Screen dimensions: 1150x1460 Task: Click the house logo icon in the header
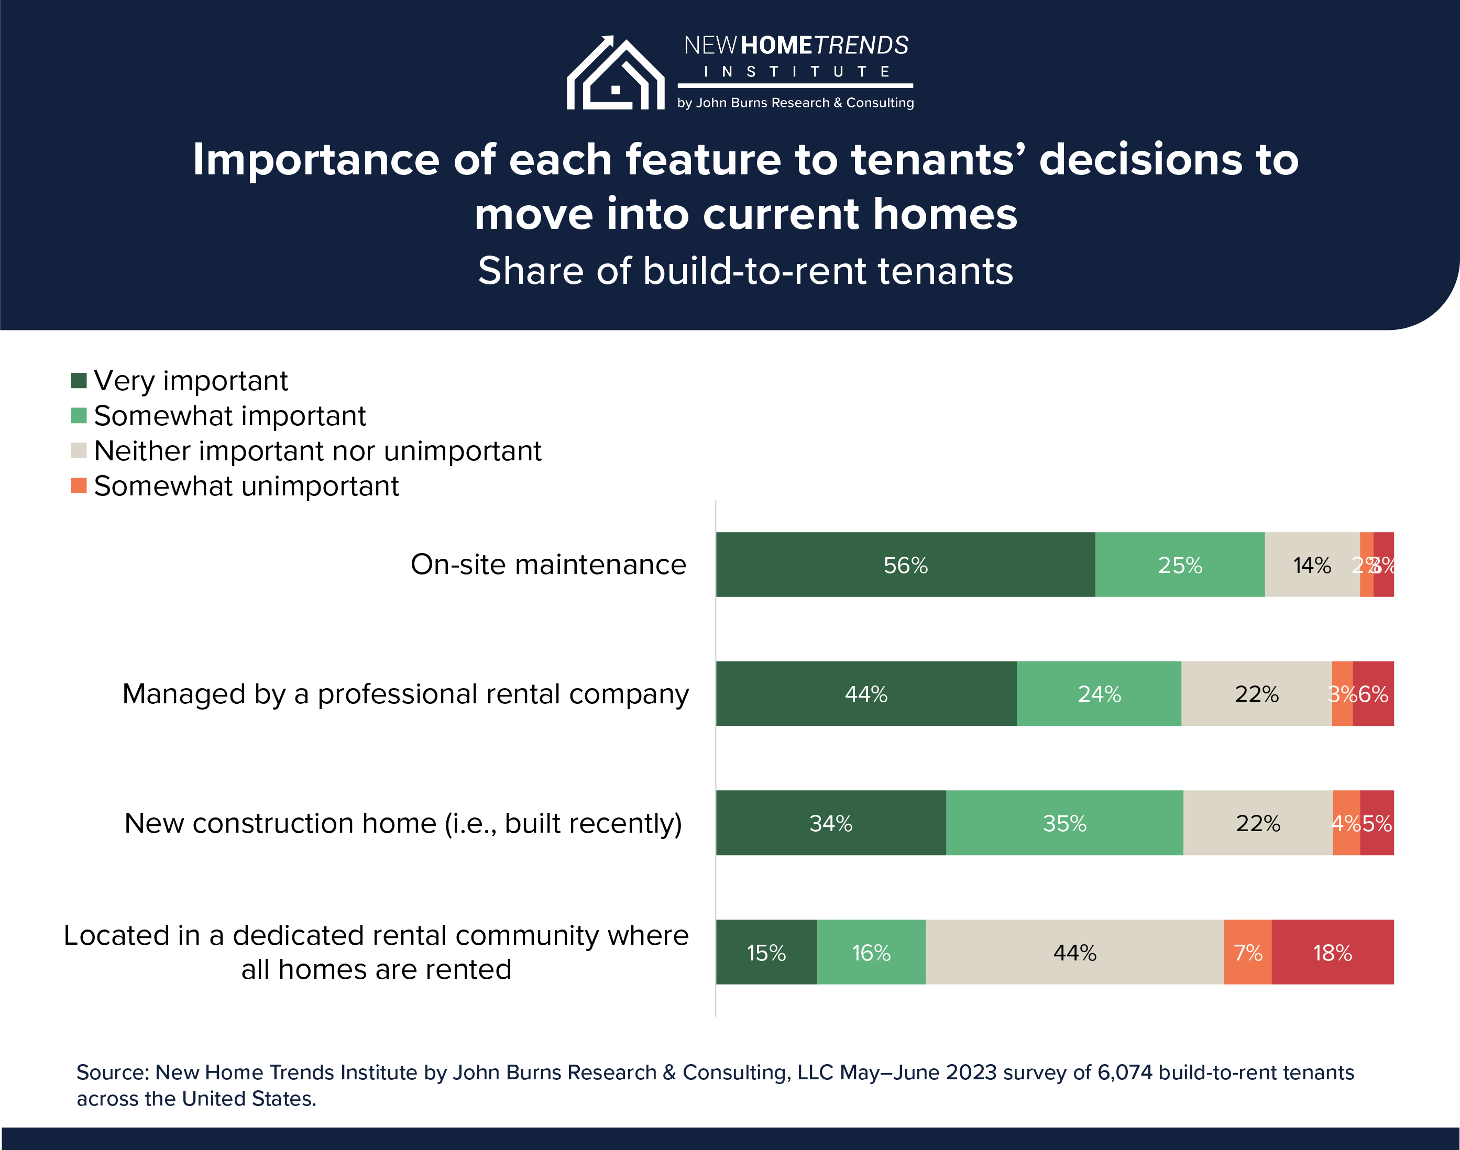click(615, 73)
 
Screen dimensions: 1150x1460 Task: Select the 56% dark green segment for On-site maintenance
click(905, 564)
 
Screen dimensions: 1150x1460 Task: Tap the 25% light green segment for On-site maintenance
click(1180, 564)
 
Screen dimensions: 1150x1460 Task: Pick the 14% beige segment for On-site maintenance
click(1311, 564)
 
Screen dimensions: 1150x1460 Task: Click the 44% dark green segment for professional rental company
click(866, 693)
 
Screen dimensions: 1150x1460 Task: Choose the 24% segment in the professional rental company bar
click(1099, 693)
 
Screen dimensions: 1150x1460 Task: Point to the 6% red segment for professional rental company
click(1374, 693)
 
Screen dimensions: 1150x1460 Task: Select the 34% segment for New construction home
click(830, 823)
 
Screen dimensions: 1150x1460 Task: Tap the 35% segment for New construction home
click(1064, 823)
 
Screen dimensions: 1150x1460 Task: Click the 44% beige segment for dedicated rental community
click(1075, 952)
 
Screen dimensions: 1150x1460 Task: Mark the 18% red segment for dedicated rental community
click(1333, 952)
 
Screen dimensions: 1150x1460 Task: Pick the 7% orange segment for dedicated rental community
click(1248, 952)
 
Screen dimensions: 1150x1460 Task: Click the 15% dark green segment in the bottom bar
click(766, 952)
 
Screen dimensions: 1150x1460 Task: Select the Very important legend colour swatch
click(79, 380)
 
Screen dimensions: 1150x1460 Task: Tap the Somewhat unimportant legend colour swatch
click(79, 485)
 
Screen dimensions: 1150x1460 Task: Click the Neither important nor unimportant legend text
click(317, 451)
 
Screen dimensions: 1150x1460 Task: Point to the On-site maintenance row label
click(548, 564)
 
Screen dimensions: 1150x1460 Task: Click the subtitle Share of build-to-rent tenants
click(745, 271)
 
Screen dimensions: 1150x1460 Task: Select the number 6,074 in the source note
click(1125, 1072)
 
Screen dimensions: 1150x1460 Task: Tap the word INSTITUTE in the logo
click(796, 71)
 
